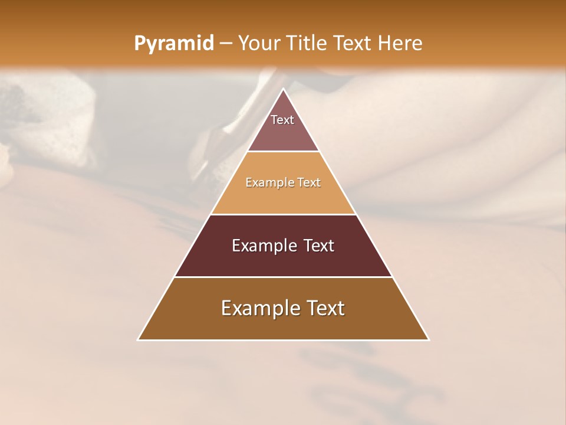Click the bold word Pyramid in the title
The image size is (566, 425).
173,44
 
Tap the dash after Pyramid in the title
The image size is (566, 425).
226,44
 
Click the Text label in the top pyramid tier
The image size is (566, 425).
282,120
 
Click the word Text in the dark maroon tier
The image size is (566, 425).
319,246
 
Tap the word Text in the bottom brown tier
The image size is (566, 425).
325,308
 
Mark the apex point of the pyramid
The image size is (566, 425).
283,89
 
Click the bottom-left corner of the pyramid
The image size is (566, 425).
138,340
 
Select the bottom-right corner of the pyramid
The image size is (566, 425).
429,340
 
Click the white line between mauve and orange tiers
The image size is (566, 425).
283,152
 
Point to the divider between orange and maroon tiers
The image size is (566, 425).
283,214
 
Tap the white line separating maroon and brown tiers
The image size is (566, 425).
283,277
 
